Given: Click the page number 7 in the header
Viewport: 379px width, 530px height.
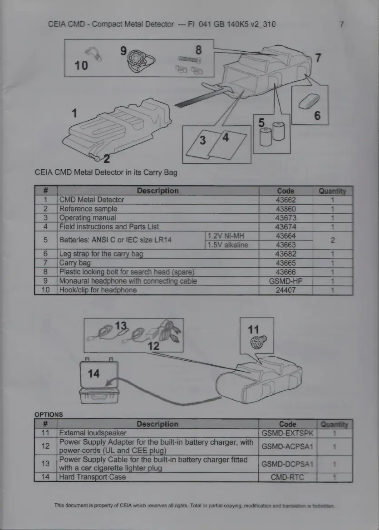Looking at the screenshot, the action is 341,24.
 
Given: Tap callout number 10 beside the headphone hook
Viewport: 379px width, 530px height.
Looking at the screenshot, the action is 81,65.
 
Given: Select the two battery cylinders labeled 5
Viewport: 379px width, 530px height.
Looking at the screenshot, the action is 271,134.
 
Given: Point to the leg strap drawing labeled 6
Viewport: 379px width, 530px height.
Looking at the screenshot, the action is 310,100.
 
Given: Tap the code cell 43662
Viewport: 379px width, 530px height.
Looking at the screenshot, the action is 285,200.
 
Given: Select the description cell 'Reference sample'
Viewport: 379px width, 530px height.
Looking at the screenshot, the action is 88,209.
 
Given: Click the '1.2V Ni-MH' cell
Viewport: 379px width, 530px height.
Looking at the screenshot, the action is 225,236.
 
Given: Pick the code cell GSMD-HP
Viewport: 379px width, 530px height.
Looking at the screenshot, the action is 285,281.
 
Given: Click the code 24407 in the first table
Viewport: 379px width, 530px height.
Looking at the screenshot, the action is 285,290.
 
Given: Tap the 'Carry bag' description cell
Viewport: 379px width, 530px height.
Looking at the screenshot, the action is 75,263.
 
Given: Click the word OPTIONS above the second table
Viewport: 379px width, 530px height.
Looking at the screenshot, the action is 48,414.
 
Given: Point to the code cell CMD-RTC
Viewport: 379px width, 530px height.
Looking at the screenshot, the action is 287,476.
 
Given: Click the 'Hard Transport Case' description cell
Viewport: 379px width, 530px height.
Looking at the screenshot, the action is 93,476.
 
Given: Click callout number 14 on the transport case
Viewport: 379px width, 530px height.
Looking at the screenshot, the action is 94,373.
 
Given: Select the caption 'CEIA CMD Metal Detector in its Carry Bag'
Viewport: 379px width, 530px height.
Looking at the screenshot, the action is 106,172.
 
